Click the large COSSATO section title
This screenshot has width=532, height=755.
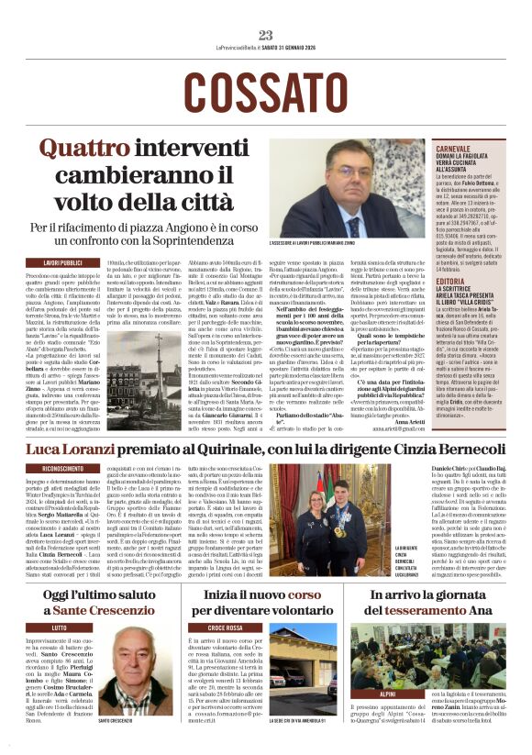coord(266,89)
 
